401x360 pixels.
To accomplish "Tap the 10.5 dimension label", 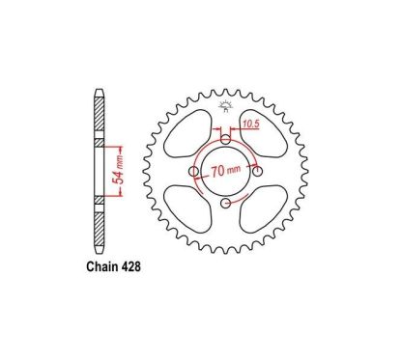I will click(x=249, y=123).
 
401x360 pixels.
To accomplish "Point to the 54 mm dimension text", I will click(x=119, y=170).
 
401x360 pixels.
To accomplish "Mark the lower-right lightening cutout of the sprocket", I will click(x=268, y=208).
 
